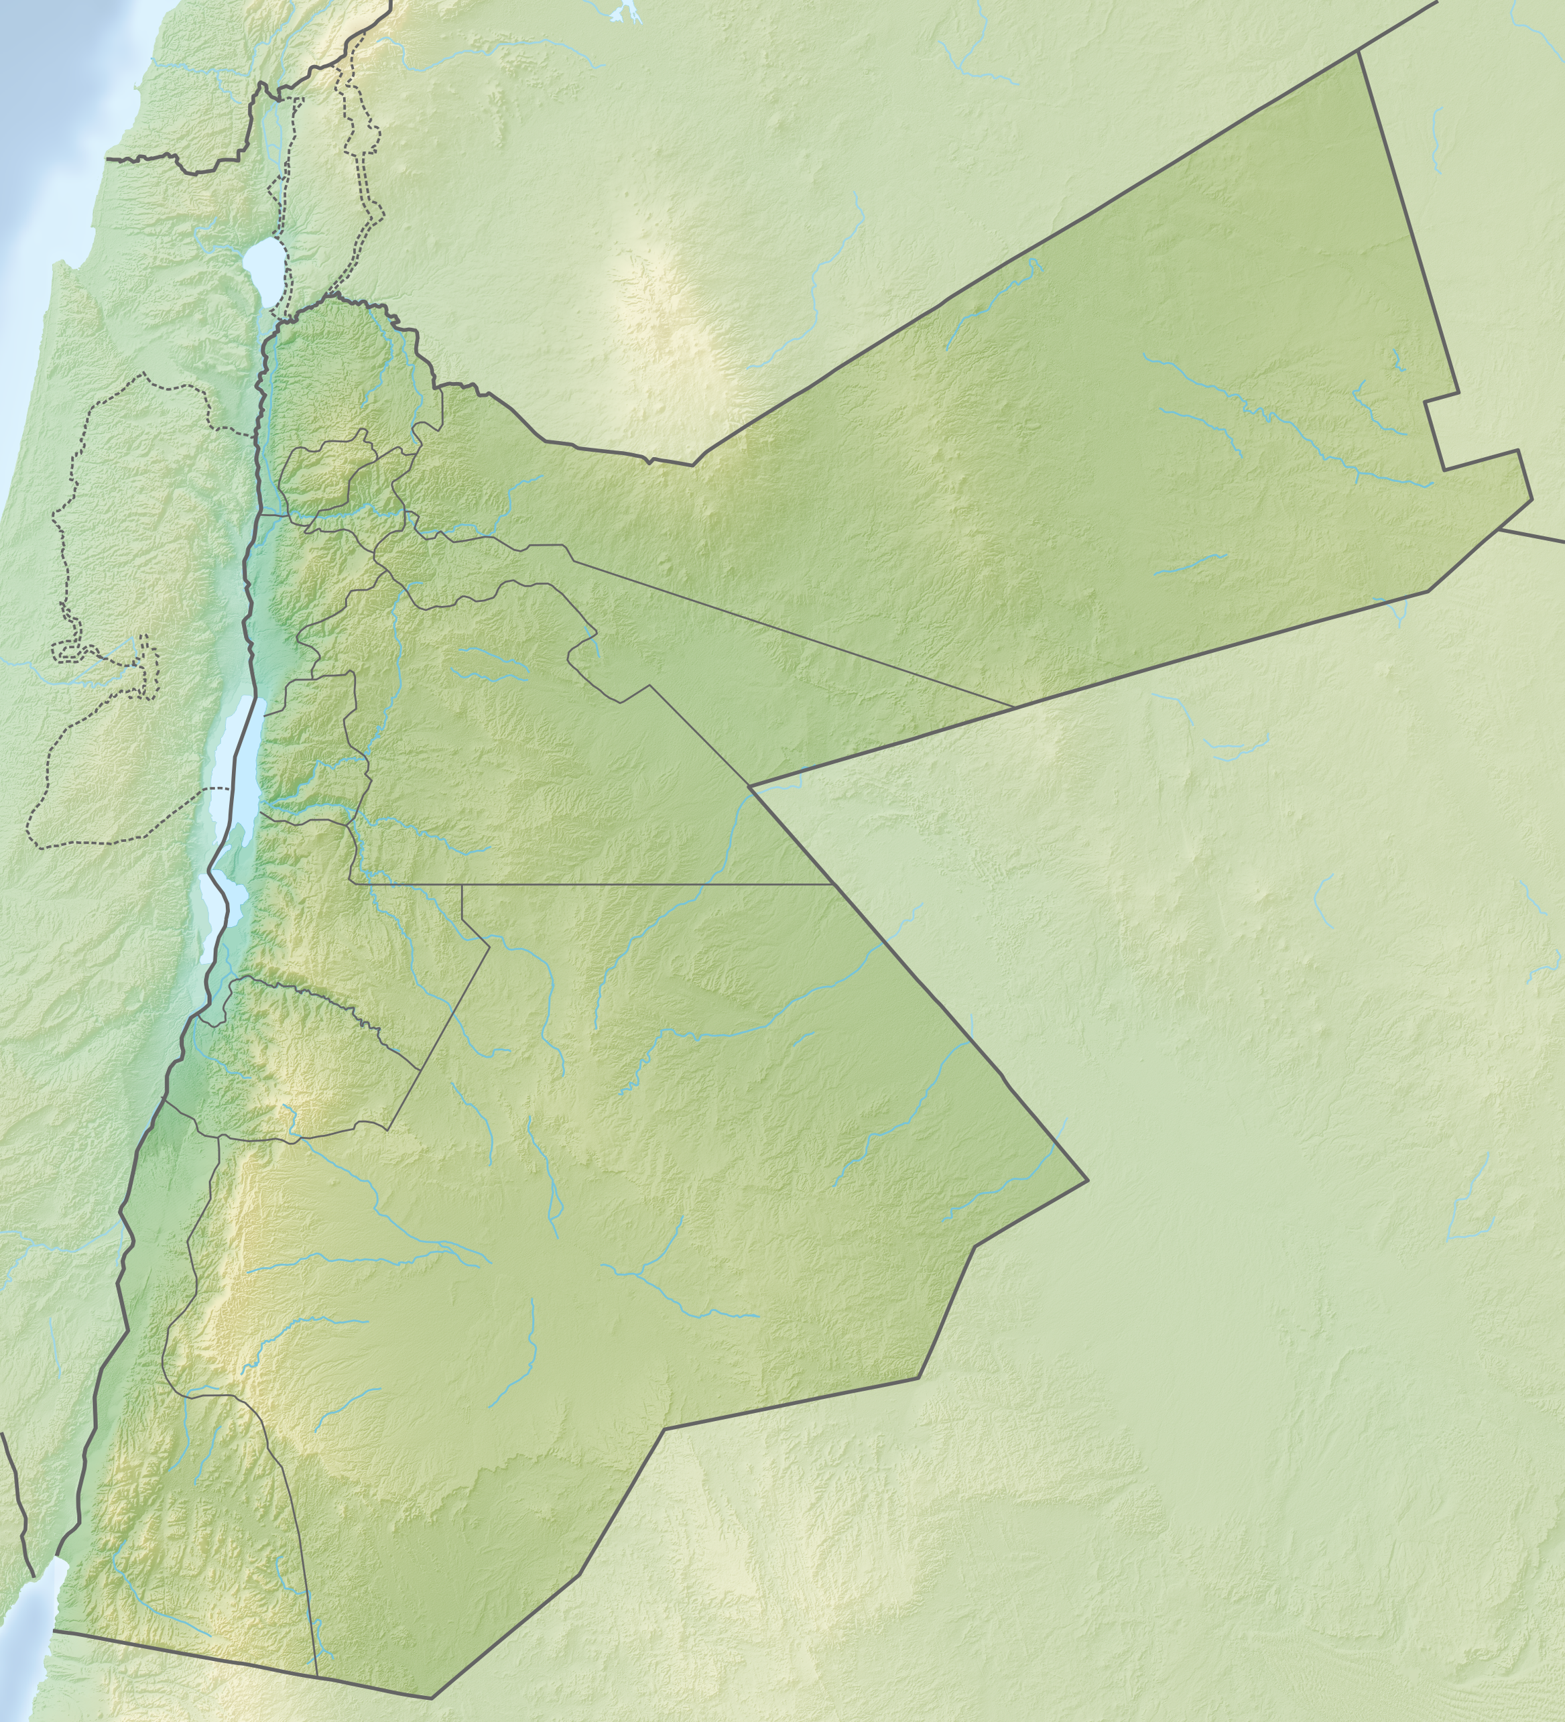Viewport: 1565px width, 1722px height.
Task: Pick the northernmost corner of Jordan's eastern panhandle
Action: [1359, 53]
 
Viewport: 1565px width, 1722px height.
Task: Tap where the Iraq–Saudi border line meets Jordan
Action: [1500, 529]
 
